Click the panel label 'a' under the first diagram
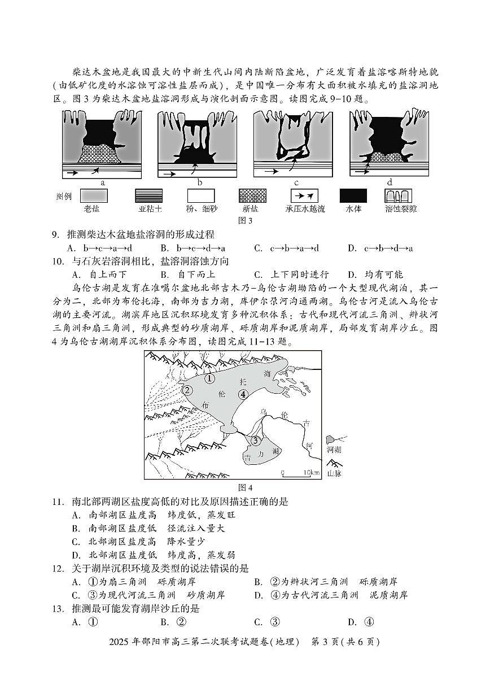point(103,182)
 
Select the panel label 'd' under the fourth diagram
point(389,182)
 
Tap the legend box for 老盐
point(94,196)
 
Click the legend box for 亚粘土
point(148,196)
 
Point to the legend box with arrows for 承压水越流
point(305,196)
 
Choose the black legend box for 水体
point(353,196)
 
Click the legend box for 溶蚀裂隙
point(398,196)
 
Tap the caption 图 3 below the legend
point(245,221)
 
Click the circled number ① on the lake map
point(209,379)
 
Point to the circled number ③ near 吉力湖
point(256,440)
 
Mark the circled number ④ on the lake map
point(243,394)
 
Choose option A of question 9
point(102,248)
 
